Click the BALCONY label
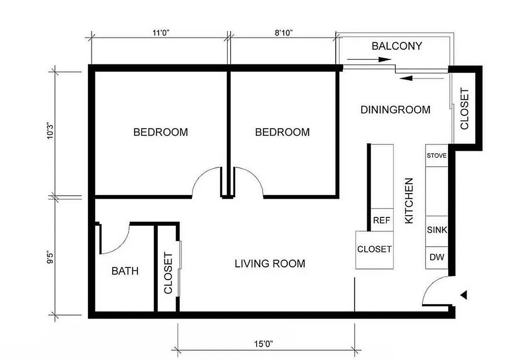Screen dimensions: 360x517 (x=397, y=46)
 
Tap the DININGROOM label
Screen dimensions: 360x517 (x=395, y=109)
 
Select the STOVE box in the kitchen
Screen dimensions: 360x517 (x=436, y=156)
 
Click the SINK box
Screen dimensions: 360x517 (x=437, y=230)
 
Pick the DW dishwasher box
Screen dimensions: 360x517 (x=437, y=257)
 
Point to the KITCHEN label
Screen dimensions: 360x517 (x=409, y=200)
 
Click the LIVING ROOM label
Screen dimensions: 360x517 (x=270, y=263)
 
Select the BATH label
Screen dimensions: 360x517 (x=125, y=271)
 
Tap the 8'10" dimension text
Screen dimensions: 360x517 (x=283, y=32)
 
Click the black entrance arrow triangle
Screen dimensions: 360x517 (x=464, y=295)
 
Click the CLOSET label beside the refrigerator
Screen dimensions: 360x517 (x=374, y=249)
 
